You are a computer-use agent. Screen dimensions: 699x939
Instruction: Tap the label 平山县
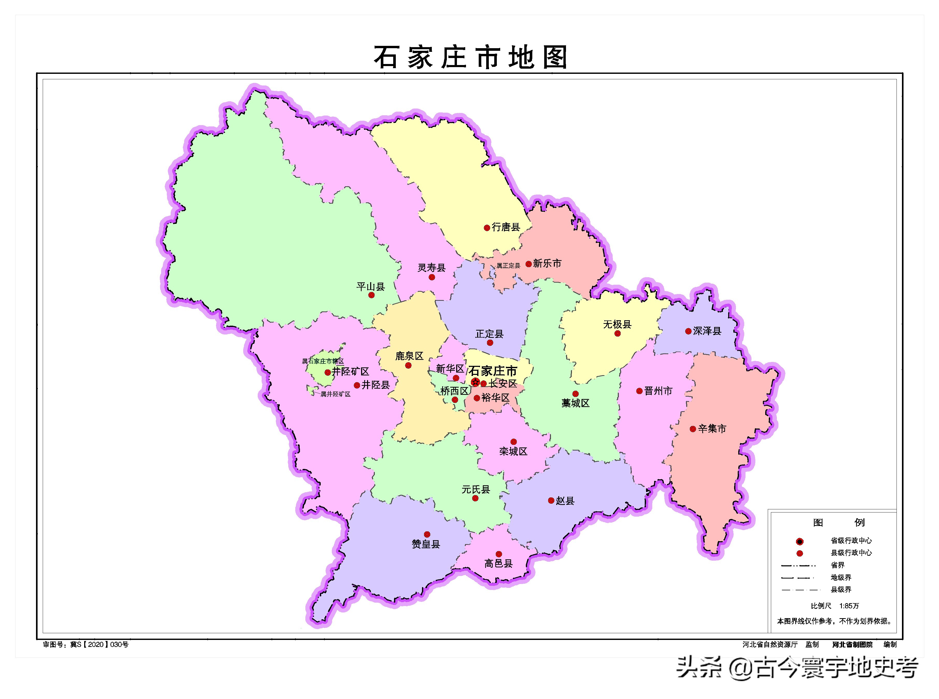pos(370,287)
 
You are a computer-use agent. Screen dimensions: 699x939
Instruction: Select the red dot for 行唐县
pos(487,228)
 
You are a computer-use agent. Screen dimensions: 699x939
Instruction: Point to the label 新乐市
pos(547,263)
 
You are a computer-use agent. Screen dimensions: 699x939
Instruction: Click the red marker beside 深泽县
pos(688,331)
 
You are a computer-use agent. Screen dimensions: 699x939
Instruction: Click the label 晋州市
pos(658,391)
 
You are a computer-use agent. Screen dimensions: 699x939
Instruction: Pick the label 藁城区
pos(575,403)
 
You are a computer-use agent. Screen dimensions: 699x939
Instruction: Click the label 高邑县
pos(498,564)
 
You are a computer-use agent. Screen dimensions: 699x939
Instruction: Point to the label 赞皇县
pos(426,544)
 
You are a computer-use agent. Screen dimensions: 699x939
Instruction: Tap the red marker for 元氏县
pos(475,498)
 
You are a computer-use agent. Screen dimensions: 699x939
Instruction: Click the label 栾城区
pos(513,452)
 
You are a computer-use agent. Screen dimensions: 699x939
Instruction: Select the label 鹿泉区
pos(409,356)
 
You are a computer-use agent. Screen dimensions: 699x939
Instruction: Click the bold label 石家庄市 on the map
pos(493,371)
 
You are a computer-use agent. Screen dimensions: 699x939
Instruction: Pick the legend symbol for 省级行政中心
pos(799,541)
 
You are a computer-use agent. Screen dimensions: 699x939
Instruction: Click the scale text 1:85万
pos(849,606)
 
